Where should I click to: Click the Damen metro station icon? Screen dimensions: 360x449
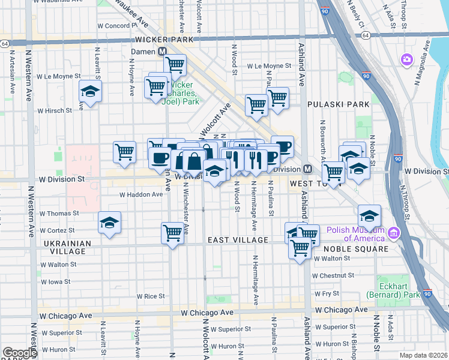(x=162, y=52)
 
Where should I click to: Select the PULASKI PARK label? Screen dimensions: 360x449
(x=338, y=104)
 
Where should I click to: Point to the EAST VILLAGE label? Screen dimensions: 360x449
(x=238, y=240)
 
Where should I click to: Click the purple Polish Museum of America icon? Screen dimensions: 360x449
(x=394, y=232)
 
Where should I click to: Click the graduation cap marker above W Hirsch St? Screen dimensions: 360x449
(x=91, y=91)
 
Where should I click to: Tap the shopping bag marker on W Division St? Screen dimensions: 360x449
(x=194, y=161)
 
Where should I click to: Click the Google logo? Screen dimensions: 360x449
(x=20, y=353)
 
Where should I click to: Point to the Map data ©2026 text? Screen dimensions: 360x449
(x=424, y=355)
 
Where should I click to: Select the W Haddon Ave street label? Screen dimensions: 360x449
(x=141, y=194)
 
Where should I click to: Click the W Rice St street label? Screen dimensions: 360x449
(x=150, y=296)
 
